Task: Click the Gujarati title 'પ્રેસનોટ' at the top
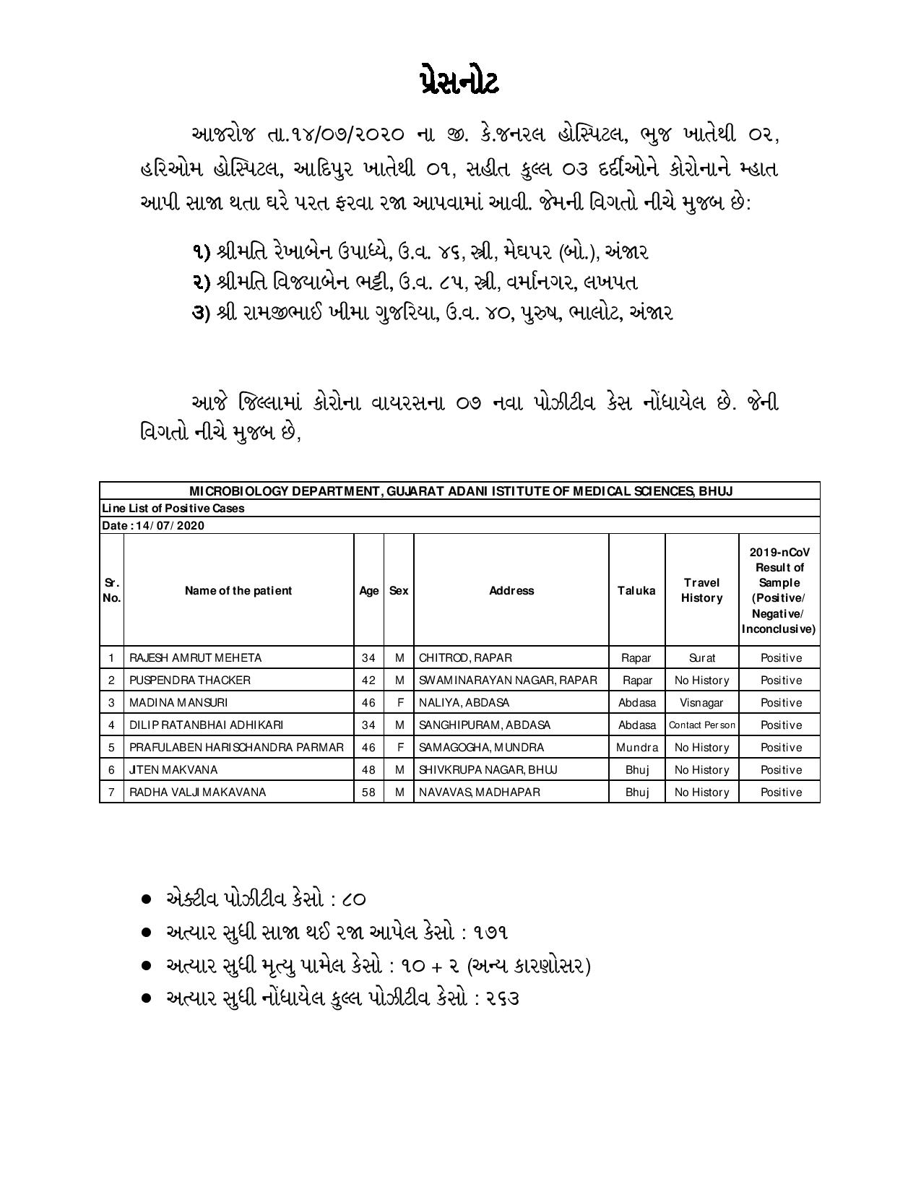459,82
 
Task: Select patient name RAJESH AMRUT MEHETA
195,657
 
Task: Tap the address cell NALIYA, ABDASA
464,702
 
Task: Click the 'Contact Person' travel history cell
701,725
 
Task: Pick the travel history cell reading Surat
701,657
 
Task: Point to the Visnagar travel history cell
701,702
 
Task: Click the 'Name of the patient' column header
238,590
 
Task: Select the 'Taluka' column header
636,590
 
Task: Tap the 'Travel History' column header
701,590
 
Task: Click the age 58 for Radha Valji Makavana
368,792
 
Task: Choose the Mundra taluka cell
636,747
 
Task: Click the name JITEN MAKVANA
173,769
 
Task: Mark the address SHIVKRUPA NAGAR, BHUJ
488,769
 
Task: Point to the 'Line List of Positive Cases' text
173,508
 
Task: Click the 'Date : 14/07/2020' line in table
153,525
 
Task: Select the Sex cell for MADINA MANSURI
399,702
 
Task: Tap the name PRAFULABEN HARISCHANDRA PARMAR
236,747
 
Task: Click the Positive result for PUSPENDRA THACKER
781,680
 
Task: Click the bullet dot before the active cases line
146,899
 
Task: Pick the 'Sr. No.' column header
111,590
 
